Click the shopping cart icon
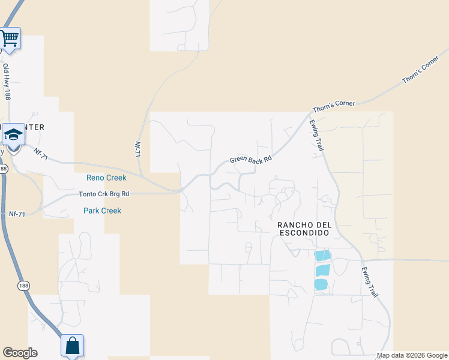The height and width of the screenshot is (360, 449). click(10, 38)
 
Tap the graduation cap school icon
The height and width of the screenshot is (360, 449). click(13, 134)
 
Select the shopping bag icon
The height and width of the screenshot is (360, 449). click(72, 346)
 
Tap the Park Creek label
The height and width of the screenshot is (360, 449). click(102, 211)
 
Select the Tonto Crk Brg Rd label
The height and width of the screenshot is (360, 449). click(104, 194)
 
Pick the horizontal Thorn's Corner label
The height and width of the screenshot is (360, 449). click(333, 107)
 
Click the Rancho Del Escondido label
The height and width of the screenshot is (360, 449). click(304, 229)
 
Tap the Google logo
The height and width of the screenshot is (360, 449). click(20, 353)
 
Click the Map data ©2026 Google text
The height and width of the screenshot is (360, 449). click(412, 355)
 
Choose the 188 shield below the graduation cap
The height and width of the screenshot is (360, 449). click(4, 169)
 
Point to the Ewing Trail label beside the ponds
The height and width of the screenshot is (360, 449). click(370, 283)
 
